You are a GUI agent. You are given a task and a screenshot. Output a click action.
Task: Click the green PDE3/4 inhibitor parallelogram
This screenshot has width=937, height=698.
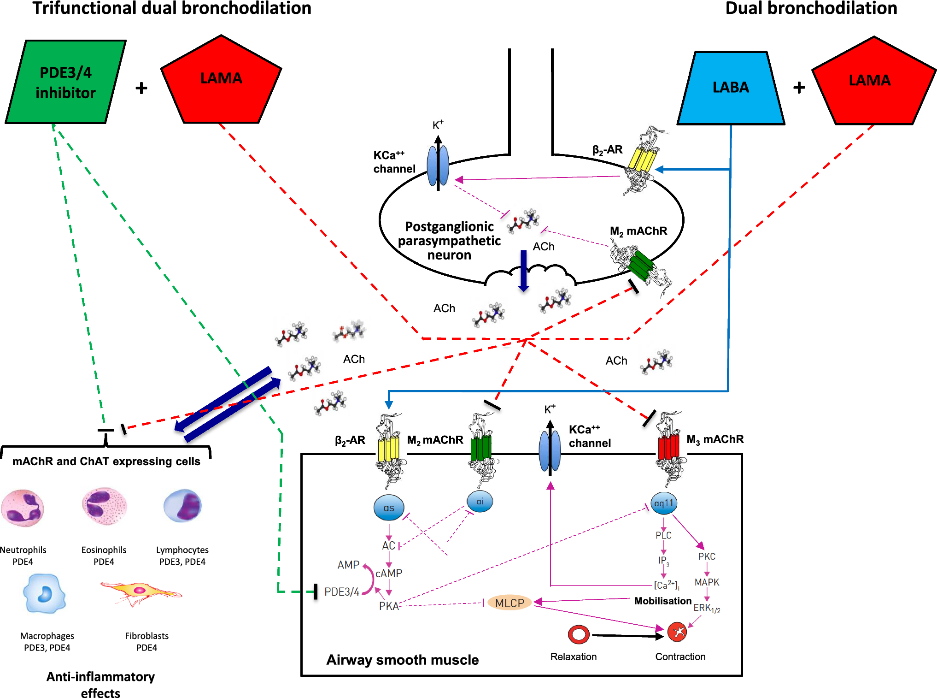click(x=65, y=82)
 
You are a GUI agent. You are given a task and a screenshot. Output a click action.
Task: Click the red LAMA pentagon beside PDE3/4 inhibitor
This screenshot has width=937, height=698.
click(x=221, y=81)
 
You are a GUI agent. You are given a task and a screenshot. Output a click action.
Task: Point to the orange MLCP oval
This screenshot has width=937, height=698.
click(x=509, y=603)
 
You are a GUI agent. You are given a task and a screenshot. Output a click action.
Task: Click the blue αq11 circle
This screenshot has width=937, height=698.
click(x=664, y=503)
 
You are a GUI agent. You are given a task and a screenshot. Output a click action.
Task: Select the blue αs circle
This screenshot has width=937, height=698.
click(x=389, y=508)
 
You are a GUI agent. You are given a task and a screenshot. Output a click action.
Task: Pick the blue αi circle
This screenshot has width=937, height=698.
click(x=480, y=502)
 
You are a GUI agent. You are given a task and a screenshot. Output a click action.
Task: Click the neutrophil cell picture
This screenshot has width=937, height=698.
click(x=23, y=508)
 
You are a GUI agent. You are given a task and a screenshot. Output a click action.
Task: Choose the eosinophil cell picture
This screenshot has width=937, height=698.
click(x=104, y=506)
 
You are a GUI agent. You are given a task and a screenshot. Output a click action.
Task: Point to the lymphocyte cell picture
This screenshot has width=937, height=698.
click(x=183, y=506)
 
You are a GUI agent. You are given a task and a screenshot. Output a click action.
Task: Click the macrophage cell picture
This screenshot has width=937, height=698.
click(x=44, y=594)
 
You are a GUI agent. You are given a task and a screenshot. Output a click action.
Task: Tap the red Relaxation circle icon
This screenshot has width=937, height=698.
click(x=579, y=634)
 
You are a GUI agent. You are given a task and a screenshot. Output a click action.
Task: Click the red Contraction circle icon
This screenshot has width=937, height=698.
click(x=677, y=632)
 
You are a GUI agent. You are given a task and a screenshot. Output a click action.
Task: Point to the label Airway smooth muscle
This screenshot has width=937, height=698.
click(x=402, y=660)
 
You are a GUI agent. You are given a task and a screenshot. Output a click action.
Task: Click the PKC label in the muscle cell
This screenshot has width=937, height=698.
click(x=707, y=556)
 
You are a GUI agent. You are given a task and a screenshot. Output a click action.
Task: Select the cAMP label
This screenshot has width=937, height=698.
click(x=389, y=573)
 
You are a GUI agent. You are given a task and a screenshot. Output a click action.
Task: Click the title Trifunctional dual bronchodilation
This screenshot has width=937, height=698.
click(x=172, y=8)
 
